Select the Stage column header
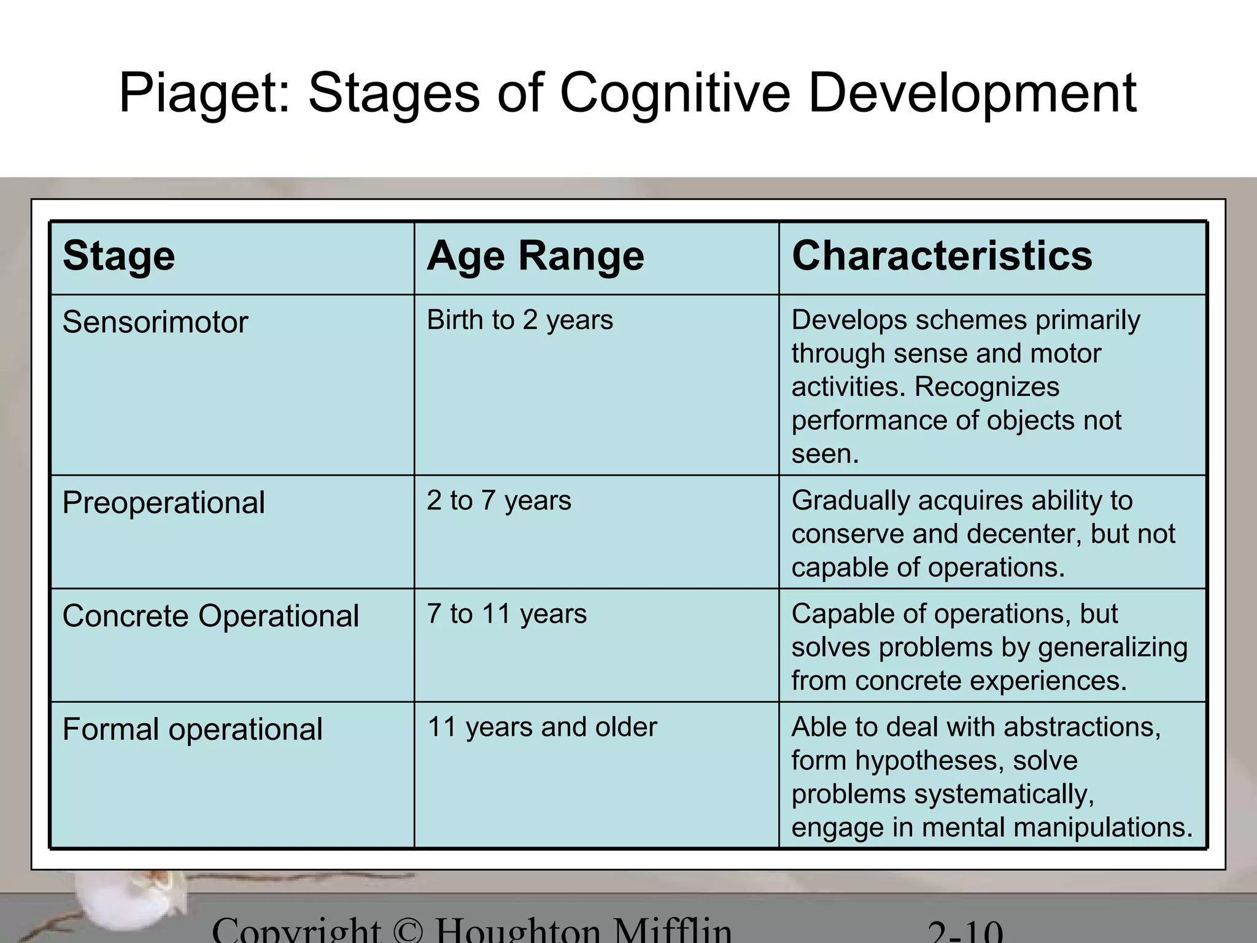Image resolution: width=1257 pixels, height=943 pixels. tap(118, 255)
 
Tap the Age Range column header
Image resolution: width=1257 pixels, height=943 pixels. tap(535, 255)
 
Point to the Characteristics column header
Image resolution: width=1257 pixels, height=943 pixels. tap(942, 255)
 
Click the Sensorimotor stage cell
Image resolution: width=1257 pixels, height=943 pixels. tap(155, 322)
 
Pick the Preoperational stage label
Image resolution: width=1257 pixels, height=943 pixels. tap(163, 503)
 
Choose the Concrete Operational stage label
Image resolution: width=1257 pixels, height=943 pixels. tap(211, 616)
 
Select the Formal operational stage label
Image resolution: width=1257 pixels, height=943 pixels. tap(192, 729)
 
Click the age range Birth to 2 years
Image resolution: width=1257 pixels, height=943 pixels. tap(520, 320)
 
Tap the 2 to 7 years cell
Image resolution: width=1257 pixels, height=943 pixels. tap(499, 500)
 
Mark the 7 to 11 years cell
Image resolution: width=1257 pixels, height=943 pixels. tap(507, 614)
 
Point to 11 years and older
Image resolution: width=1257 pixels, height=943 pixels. tap(542, 728)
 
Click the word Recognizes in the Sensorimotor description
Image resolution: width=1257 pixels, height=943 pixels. tap(987, 387)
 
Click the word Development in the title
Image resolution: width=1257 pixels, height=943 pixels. tap(972, 93)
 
